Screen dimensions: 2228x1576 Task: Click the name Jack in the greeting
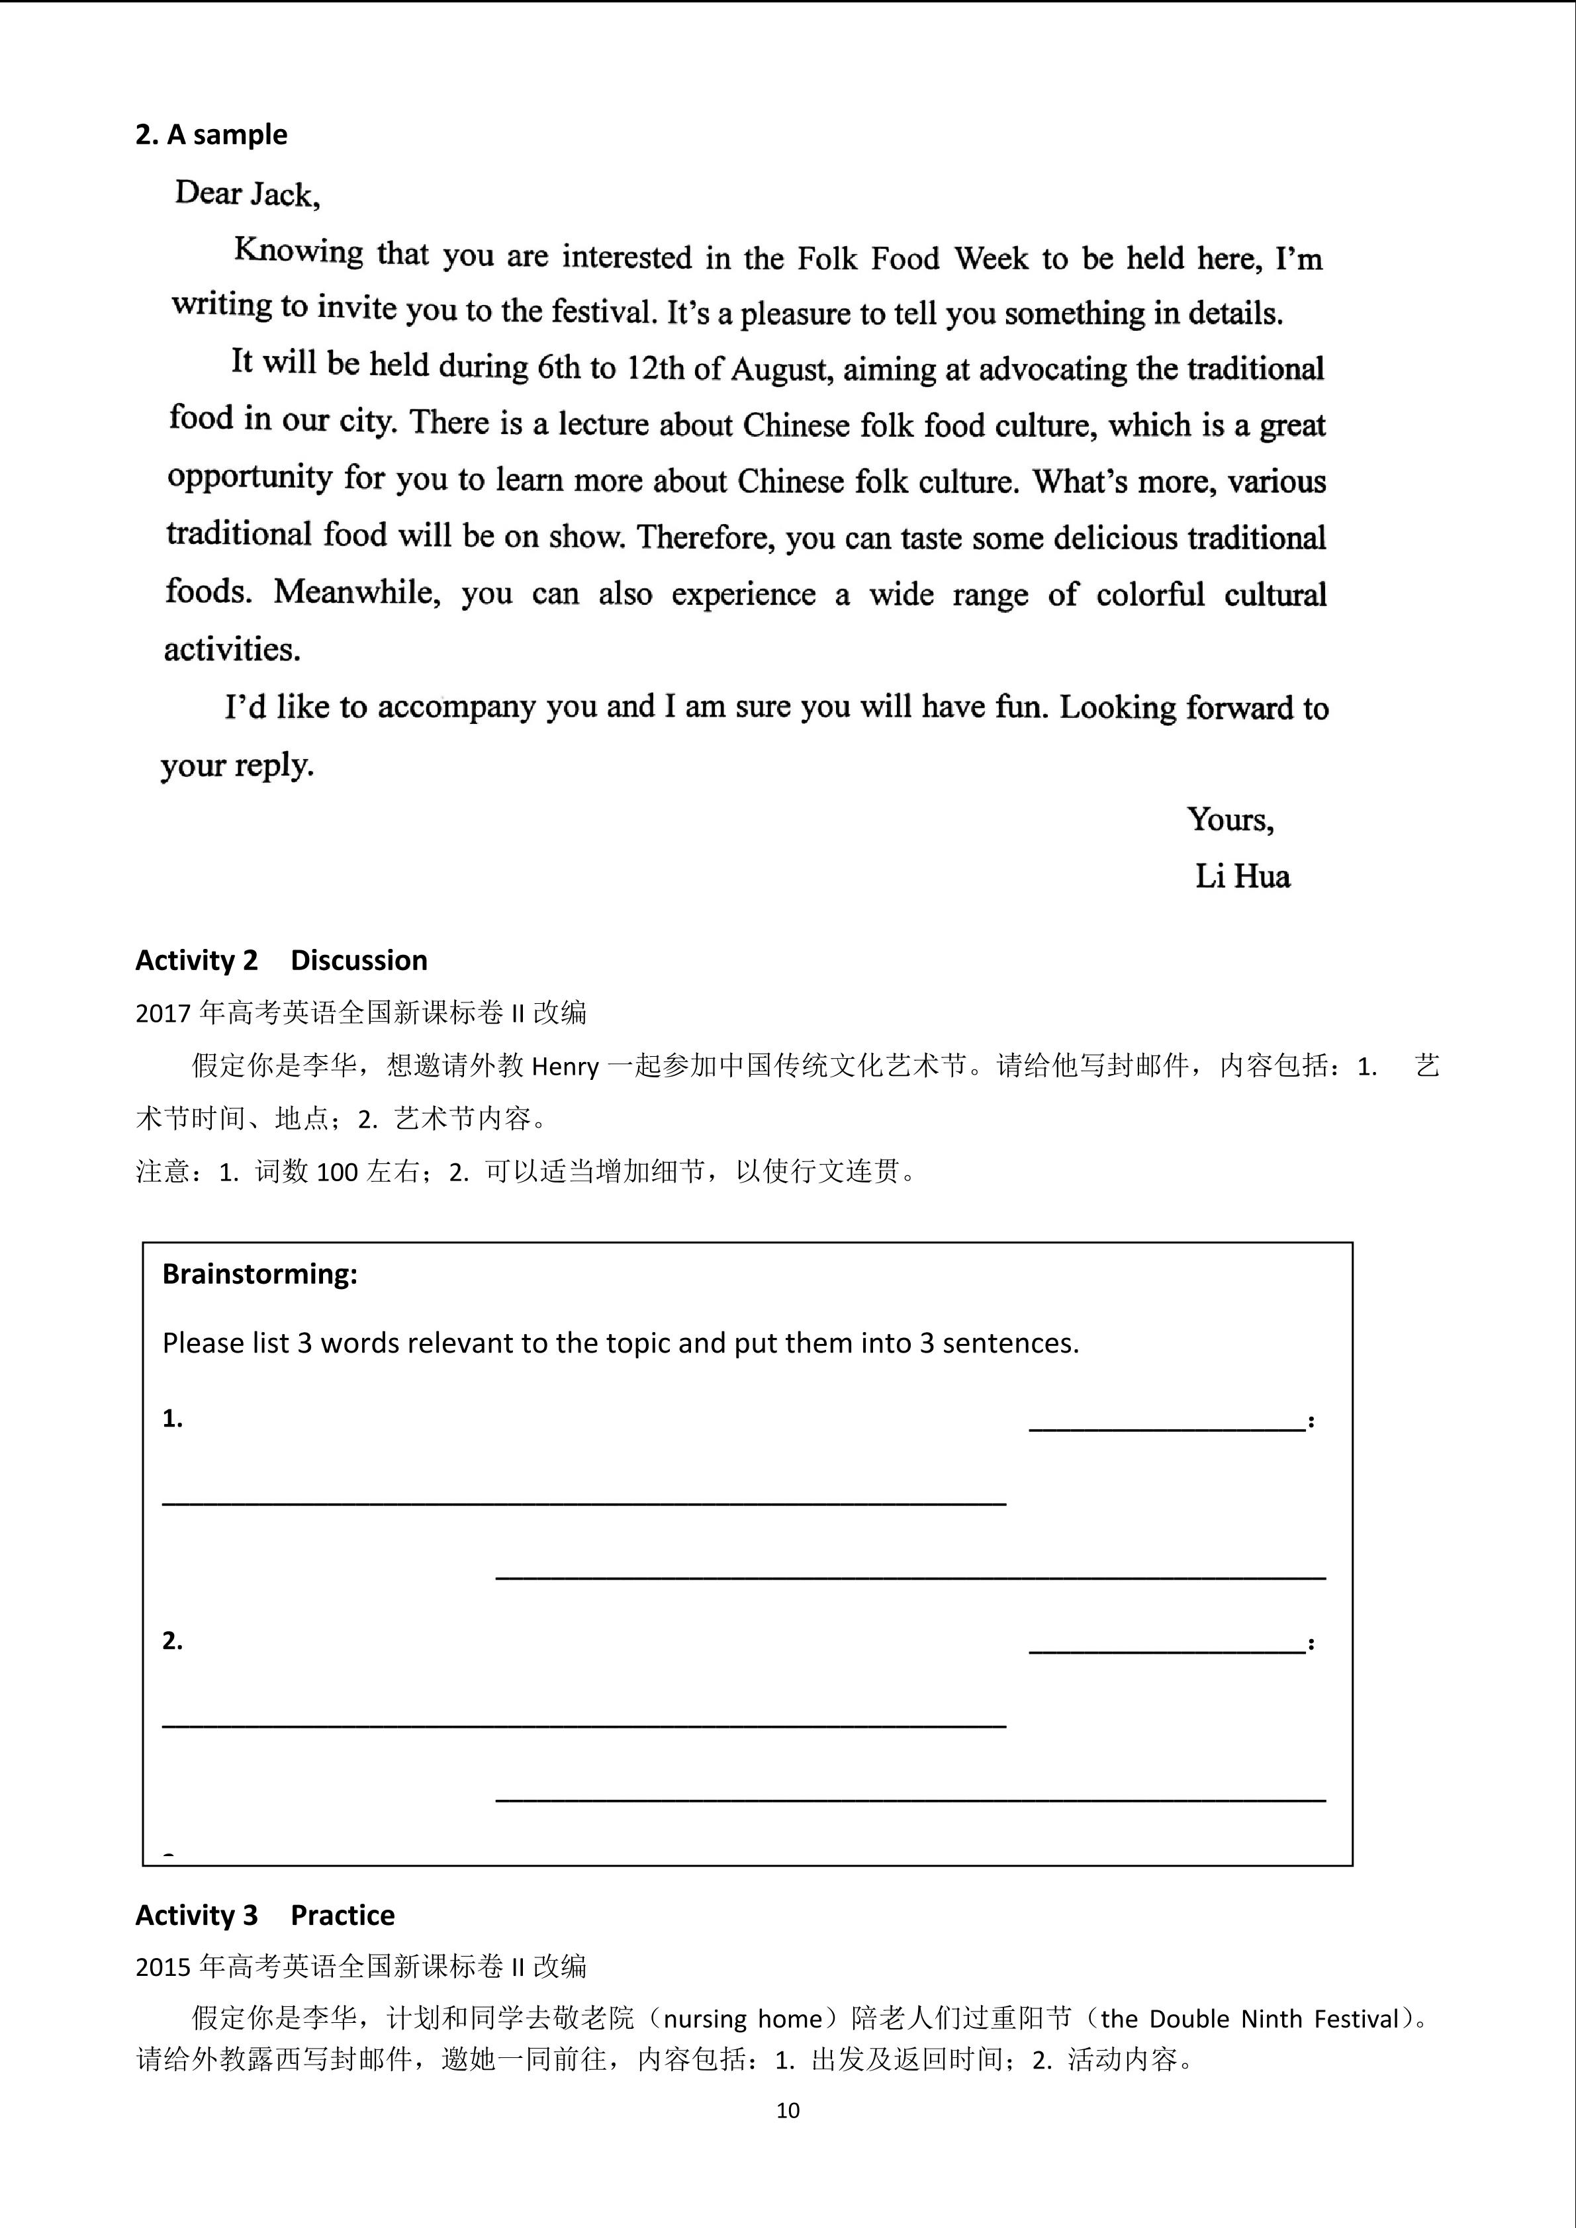[283, 195]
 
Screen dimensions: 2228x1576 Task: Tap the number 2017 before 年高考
[163, 1013]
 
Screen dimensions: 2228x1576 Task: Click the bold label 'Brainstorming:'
[259, 1273]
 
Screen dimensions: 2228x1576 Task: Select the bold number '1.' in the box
[173, 1419]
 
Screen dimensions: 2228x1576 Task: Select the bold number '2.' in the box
[173, 1640]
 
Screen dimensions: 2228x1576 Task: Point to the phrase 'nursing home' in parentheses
[743, 2018]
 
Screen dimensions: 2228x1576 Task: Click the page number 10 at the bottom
[788, 2110]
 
